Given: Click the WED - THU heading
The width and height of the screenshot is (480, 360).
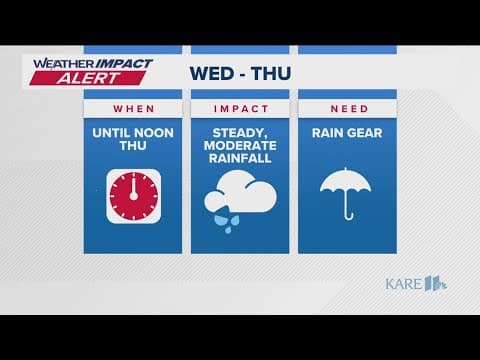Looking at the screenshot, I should click(240, 73).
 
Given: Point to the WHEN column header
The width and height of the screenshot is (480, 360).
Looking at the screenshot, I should click(132, 107).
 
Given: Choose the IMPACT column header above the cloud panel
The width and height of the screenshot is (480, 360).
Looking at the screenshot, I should click(239, 107).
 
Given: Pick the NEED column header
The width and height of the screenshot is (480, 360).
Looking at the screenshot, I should click(346, 107).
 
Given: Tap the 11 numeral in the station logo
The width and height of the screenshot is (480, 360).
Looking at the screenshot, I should click(435, 283).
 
